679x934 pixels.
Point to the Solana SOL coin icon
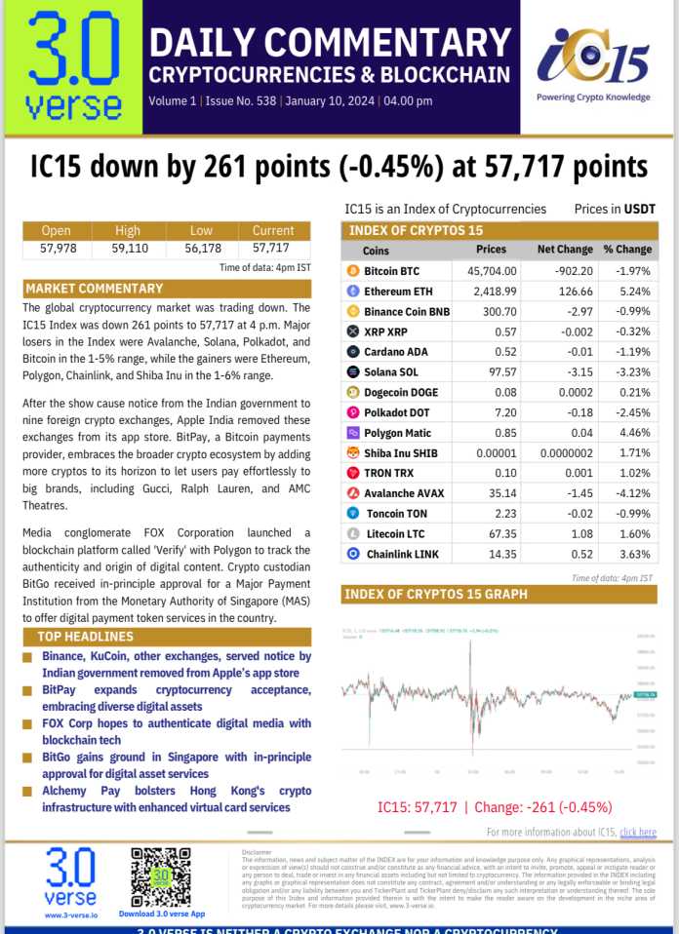click(352, 371)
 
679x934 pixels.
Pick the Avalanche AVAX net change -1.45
click(565, 493)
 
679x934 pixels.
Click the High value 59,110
click(129, 248)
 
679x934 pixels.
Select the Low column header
click(202, 231)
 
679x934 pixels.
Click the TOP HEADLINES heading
click(92, 636)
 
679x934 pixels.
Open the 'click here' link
click(638, 832)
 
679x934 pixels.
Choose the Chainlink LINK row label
click(403, 554)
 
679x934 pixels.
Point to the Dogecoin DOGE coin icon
click(352, 392)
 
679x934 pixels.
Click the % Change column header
click(627, 250)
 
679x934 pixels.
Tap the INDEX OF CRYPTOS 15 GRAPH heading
click(436, 594)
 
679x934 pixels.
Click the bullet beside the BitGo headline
click(26, 758)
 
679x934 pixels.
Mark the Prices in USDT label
click(615, 209)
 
